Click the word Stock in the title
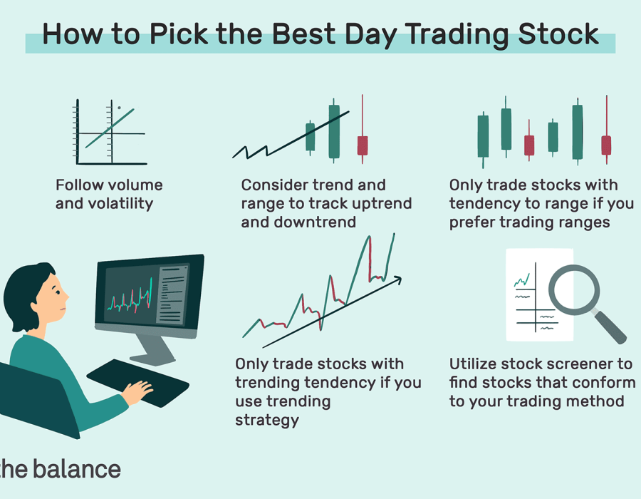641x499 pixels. point(558,34)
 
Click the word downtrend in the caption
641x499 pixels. point(315,222)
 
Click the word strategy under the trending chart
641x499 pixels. point(267,421)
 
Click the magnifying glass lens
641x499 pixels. point(574,290)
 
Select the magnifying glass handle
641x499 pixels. point(609,327)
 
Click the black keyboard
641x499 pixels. point(137,383)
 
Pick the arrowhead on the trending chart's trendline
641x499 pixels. point(397,279)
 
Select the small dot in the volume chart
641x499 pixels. point(119,108)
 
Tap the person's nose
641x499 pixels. point(66,296)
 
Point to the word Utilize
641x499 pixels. point(473,364)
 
